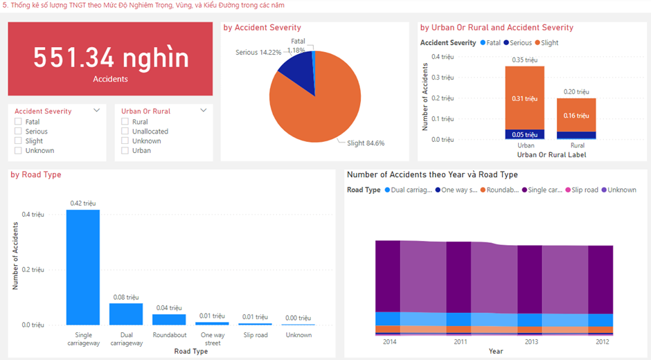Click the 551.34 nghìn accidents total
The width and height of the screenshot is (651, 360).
110,58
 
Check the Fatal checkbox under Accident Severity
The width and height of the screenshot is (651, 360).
19,122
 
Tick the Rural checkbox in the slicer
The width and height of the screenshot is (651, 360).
125,122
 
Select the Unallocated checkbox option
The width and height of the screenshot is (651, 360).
125,132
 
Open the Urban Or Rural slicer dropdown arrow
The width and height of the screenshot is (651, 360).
204,110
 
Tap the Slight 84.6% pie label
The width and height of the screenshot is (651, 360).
366,143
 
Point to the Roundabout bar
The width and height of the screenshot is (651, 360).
169,320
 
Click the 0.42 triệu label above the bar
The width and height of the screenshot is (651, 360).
83,203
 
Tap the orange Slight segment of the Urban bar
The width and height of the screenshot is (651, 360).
524,98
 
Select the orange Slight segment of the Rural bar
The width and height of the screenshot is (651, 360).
576,115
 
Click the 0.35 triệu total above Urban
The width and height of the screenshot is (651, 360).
524,60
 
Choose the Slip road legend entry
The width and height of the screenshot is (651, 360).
582,190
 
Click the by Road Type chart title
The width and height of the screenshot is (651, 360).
36,174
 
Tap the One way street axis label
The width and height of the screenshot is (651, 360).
213,339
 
